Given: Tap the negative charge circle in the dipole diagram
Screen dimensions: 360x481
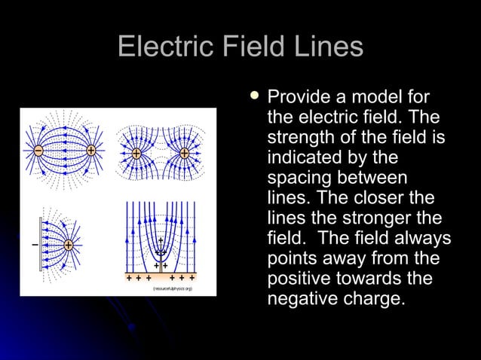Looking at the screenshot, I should coord(38,151).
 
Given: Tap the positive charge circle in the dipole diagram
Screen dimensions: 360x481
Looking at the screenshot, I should coord(91,151).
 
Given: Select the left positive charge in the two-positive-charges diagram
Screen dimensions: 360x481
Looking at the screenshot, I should coord(136,153).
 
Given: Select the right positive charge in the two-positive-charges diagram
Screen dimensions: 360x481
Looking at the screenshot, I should coord(185,153).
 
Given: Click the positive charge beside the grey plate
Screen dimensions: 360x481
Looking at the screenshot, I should coord(68,245).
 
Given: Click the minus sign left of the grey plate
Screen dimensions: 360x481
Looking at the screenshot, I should coord(34,245).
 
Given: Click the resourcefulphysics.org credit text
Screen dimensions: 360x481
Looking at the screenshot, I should coord(173,288).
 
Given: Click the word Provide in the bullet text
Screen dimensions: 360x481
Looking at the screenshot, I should coord(296,97).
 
